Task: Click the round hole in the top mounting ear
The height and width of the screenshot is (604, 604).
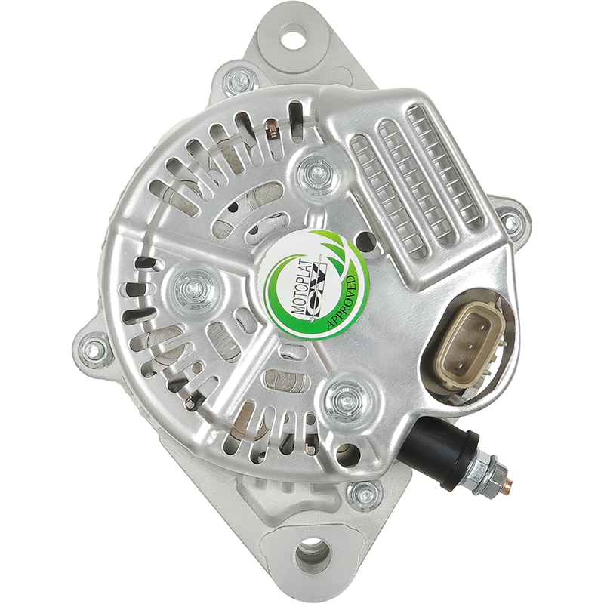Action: tap(295, 36)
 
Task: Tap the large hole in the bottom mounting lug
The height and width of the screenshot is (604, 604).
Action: tap(313, 556)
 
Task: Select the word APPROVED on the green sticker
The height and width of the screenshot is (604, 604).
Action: tap(343, 303)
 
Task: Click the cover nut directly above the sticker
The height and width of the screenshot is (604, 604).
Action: tap(316, 172)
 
